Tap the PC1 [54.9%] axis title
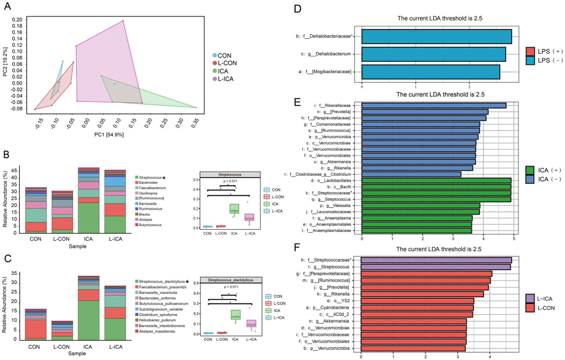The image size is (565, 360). [x=109, y=135]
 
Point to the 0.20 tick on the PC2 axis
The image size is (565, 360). [x=17, y=20]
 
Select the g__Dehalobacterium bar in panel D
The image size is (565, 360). [x=433, y=54]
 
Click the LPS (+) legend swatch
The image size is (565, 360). [x=530, y=52]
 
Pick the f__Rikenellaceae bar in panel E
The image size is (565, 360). [x=434, y=106]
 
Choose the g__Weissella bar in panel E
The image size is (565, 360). [x=421, y=206]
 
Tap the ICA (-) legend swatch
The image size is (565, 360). [x=530, y=179]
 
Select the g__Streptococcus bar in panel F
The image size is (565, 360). [x=435, y=267]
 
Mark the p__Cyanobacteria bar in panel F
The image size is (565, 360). [x=417, y=308]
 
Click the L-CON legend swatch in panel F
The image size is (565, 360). [x=530, y=308]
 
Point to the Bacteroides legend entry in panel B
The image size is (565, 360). [x=148, y=183]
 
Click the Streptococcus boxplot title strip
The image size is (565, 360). [x=230, y=175]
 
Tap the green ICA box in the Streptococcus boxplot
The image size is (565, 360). [x=234, y=209]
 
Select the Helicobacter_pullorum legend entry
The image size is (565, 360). [x=157, y=320]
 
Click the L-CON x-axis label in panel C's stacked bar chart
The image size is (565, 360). [x=61, y=347]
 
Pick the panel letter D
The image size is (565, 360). [x=298, y=9]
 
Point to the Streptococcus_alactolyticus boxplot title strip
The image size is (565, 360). [x=230, y=280]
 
